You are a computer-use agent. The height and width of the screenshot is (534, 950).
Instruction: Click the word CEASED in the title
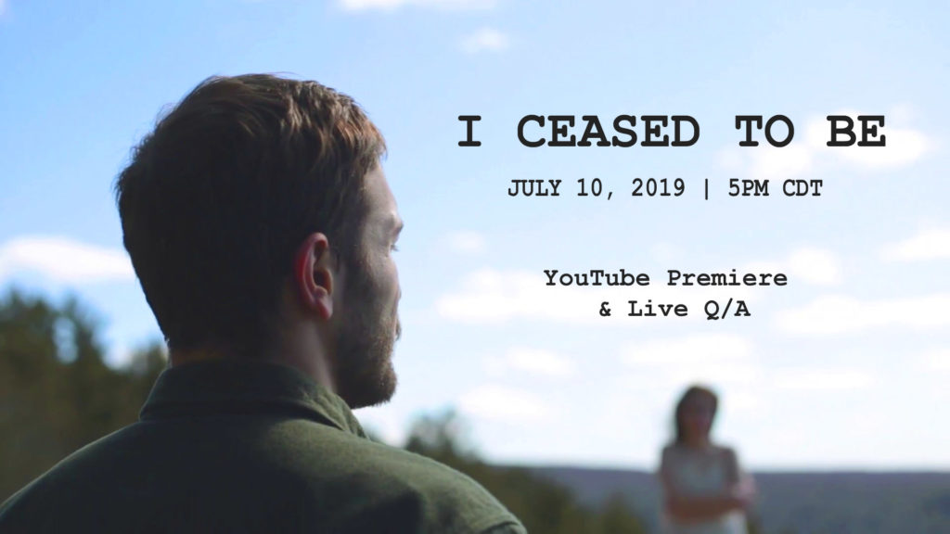tap(609, 132)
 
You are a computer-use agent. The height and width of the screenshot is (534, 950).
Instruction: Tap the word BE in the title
tap(856, 132)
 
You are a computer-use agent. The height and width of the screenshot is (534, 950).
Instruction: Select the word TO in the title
tap(764, 132)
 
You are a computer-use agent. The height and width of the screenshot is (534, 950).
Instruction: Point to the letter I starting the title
tap(469, 132)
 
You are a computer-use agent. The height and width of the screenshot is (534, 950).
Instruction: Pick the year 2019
tap(658, 187)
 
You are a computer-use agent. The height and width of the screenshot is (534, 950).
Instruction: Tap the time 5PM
tap(749, 188)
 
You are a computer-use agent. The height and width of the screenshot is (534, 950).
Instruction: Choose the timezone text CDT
tap(802, 188)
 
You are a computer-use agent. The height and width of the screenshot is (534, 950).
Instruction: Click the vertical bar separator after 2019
tap(706, 188)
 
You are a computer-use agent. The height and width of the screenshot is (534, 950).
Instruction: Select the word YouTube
tap(597, 278)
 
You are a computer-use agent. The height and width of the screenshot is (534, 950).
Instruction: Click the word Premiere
tap(727, 278)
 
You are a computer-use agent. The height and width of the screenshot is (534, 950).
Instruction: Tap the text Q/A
tap(727, 310)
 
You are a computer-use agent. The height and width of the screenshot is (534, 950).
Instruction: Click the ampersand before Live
tap(605, 310)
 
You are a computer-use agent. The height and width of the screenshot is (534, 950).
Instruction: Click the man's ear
tap(315, 276)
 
